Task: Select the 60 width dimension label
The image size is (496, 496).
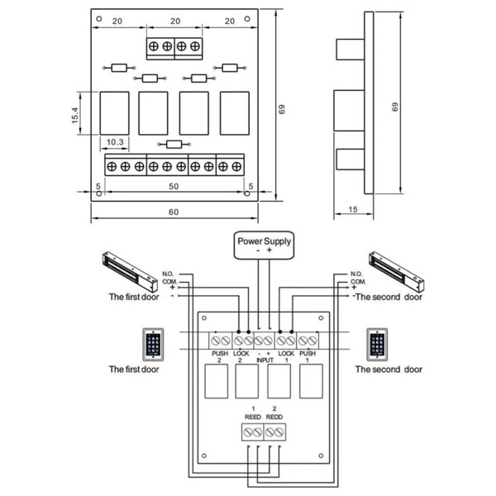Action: [x=174, y=212]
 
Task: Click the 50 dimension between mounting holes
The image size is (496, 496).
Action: [x=174, y=188]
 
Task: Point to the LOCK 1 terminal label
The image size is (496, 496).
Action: [x=286, y=356]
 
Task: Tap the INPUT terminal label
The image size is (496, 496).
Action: [x=263, y=360]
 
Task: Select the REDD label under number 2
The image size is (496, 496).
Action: [x=275, y=417]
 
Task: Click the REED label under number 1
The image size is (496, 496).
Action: [x=252, y=417]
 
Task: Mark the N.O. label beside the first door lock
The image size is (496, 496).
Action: [x=169, y=274]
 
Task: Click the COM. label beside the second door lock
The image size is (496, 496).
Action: [x=356, y=280]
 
